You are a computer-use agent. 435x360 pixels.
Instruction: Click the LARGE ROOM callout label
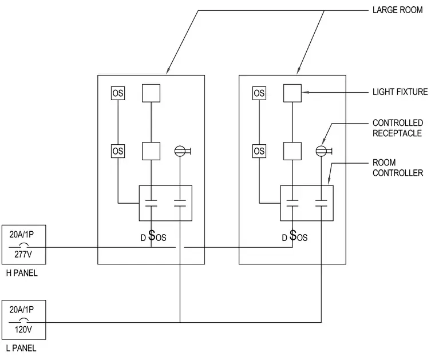click(x=397, y=10)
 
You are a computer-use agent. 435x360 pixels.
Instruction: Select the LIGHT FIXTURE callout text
click(x=400, y=92)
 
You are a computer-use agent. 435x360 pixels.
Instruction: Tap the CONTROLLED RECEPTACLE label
click(x=398, y=128)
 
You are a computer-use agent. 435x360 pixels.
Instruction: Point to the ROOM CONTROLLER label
click(x=398, y=168)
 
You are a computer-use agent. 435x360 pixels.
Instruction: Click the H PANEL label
click(x=22, y=273)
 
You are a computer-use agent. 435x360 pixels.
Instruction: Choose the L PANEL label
click(x=21, y=348)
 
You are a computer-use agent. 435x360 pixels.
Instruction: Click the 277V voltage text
click(x=23, y=254)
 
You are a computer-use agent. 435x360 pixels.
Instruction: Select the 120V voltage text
click(x=23, y=330)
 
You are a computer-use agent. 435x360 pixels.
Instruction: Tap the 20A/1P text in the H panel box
click(x=22, y=234)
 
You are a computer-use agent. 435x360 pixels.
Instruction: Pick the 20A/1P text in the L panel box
click(x=22, y=310)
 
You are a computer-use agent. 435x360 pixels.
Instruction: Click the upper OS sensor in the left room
click(x=118, y=93)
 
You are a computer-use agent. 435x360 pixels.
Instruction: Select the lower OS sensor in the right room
click(x=259, y=151)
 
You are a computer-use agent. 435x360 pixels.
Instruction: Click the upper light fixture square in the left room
click(x=151, y=93)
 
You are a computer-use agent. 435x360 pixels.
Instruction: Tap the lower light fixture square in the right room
click(x=292, y=151)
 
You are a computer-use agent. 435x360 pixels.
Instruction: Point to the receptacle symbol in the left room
click(x=182, y=151)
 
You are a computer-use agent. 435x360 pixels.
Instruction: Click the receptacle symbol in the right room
click(x=324, y=151)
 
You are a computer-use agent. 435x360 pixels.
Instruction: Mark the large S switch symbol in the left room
click(x=152, y=235)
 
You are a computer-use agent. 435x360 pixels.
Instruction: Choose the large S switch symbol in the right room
click(x=292, y=235)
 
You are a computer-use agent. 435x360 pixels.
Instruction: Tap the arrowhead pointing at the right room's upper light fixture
click(x=305, y=92)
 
